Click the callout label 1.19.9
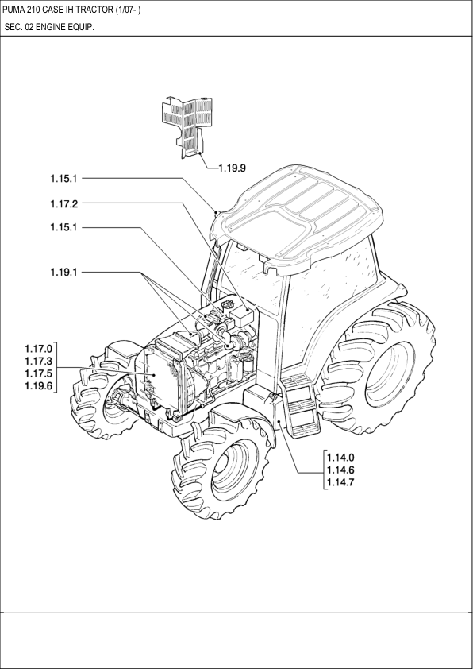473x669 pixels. tap(233, 168)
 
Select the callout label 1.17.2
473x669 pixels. tap(64, 203)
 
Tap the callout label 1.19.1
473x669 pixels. tap(64, 272)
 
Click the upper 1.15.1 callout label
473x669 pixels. tap(64, 178)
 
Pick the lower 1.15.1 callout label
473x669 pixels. tap(64, 227)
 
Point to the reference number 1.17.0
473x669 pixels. tap(38, 349)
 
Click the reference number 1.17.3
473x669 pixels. tap(38, 362)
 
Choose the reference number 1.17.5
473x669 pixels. tap(38, 373)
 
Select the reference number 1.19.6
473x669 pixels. tap(38, 386)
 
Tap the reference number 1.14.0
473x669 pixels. tap(340, 458)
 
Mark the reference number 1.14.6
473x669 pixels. tap(340, 470)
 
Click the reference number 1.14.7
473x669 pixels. tap(340, 482)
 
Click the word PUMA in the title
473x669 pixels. tap(11, 10)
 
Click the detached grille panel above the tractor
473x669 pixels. tap(187, 126)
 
